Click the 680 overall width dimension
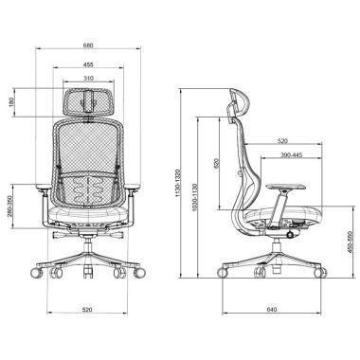click(88, 45)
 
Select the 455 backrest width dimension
click(88, 64)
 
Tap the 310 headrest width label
click(88, 79)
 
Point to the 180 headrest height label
click(12, 102)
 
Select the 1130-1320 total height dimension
click(178, 183)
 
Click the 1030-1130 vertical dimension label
click(194, 197)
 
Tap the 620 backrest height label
click(216, 163)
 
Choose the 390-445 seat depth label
click(292, 155)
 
